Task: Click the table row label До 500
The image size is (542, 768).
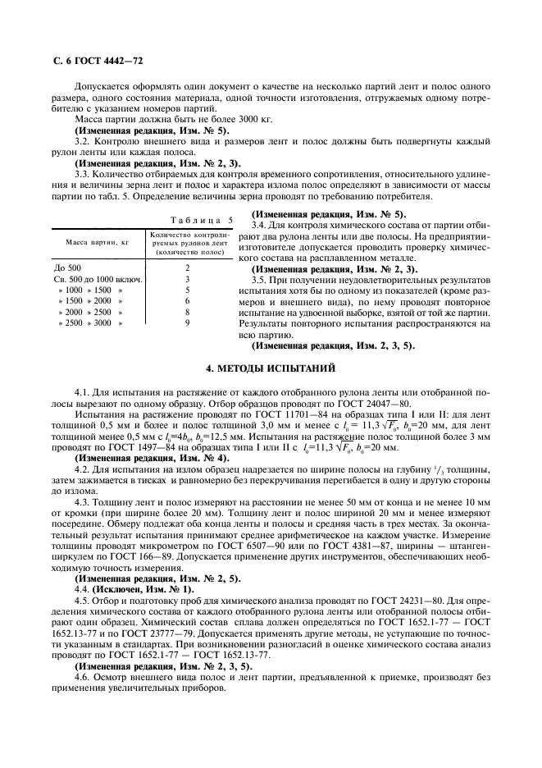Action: [x=68, y=267]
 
